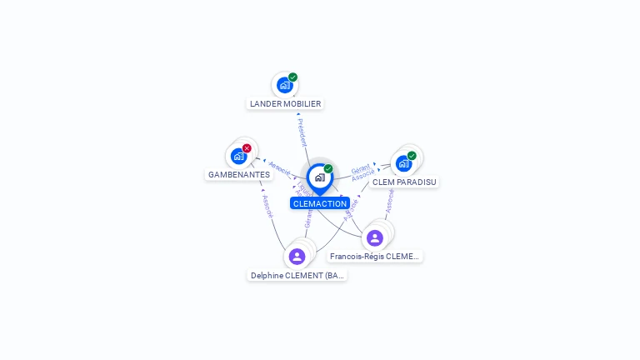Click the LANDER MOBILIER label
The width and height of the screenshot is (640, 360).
pyautogui.click(x=285, y=104)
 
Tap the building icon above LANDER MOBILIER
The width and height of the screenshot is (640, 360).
pyautogui.click(x=285, y=85)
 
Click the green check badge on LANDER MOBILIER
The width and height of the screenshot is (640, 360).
pyautogui.click(x=293, y=77)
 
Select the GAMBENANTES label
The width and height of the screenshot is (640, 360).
pyautogui.click(x=239, y=175)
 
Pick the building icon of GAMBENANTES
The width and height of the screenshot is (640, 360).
pyautogui.click(x=239, y=156)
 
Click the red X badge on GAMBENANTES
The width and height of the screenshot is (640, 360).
pyautogui.click(x=247, y=148)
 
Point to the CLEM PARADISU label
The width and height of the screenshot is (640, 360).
pyautogui.click(x=404, y=182)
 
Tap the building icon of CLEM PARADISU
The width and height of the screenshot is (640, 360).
pyautogui.click(x=404, y=163)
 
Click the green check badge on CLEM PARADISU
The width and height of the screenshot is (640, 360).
pyautogui.click(x=412, y=156)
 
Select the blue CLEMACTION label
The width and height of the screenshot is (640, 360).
pyautogui.click(x=320, y=203)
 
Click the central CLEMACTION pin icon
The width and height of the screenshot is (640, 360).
pyautogui.click(x=319, y=177)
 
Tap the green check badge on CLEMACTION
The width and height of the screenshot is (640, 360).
pyautogui.click(x=328, y=169)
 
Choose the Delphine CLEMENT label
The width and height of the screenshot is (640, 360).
pyautogui.click(x=297, y=275)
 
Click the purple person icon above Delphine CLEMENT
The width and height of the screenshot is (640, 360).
pyautogui.click(x=297, y=256)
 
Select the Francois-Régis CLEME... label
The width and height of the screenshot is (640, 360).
pyautogui.click(x=375, y=257)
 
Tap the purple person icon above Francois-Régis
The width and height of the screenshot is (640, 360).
pyautogui.click(x=375, y=238)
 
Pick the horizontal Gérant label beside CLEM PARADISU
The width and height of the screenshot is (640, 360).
pyautogui.click(x=360, y=168)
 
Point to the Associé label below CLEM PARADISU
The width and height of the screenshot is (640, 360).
pyautogui.click(x=389, y=200)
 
